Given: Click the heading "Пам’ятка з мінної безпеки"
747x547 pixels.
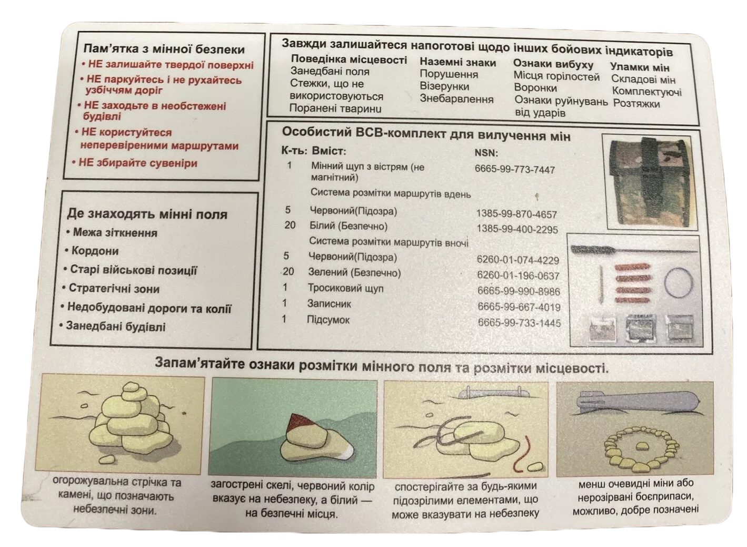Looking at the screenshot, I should pyautogui.click(x=164, y=49).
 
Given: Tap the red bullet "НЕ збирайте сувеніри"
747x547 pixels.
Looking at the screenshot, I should pyautogui.click(x=137, y=163).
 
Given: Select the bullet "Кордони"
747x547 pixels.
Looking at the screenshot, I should pyautogui.click(x=95, y=251).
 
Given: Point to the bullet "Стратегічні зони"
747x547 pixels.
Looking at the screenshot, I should pyautogui.click(x=114, y=289).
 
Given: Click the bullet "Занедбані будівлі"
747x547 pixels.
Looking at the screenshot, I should pyautogui.click(x=115, y=327).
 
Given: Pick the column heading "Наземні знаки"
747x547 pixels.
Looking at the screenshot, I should pyautogui.click(x=457, y=63).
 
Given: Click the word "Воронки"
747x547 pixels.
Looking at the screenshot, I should pyautogui.click(x=535, y=88).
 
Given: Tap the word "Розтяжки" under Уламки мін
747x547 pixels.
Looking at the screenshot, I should pyautogui.click(x=636, y=104).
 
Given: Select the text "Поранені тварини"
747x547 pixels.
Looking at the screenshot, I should pyautogui.click(x=335, y=109).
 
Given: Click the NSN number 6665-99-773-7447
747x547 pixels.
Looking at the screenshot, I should pyautogui.click(x=514, y=170).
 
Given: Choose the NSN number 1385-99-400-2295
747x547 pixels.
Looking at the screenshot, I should pyautogui.click(x=516, y=230).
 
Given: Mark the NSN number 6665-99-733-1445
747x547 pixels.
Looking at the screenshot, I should pyautogui.click(x=519, y=323).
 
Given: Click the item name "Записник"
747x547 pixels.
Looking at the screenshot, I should pyautogui.click(x=329, y=304).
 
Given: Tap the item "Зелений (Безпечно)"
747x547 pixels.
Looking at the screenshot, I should pyautogui.click(x=354, y=273).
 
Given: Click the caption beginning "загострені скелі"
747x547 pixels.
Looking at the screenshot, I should pyautogui.click(x=292, y=499).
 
